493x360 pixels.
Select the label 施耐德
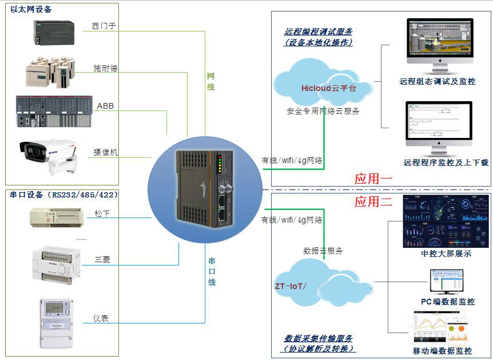tap(105, 68)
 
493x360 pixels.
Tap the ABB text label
tap(105, 106)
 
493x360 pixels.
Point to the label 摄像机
tap(105, 153)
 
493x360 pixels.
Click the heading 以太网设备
tap(31, 10)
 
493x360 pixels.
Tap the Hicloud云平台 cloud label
tap(328, 88)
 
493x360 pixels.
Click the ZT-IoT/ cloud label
tap(291, 285)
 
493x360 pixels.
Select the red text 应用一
tap(373, 179)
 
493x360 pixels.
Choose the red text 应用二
tap(373, 201)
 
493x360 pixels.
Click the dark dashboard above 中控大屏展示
tap(438, 220)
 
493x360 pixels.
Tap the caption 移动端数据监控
tap(442, 351)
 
